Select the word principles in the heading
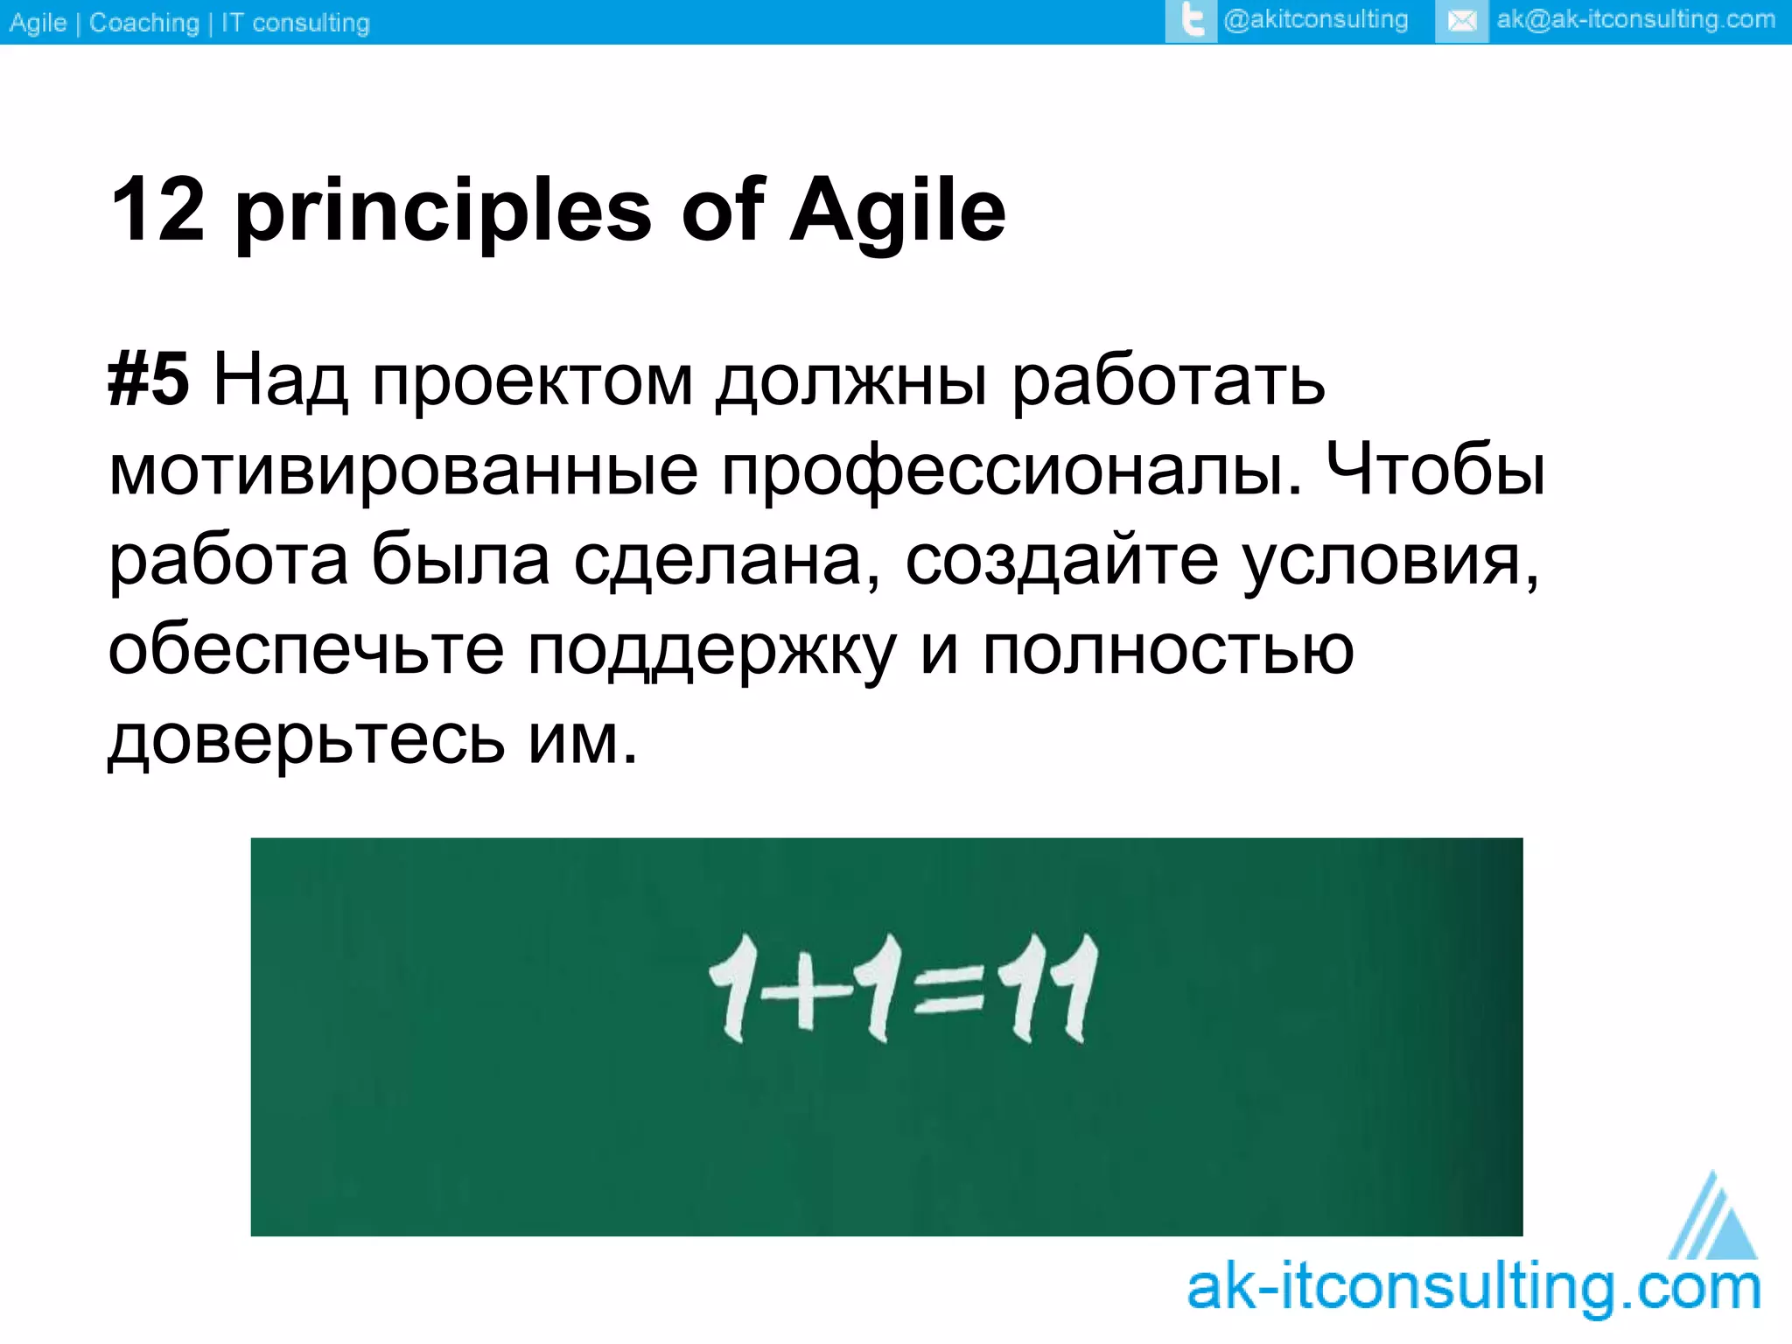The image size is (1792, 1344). click(444, 212)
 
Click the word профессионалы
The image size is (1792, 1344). click(1011, 470)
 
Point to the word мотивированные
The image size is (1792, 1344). click(402, 470)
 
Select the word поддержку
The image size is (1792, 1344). click(711, 652)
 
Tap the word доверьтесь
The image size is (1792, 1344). click(306, 739)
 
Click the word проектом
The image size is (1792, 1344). click(532, 381)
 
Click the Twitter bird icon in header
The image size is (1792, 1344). click(1191, 21)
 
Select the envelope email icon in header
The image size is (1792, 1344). click(1461, 21)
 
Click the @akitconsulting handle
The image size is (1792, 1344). click(1315, 20)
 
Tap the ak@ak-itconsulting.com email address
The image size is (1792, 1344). click(1635, 20)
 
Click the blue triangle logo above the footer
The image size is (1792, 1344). click(1711, 1218)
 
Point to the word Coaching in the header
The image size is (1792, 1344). click(144, 23)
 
